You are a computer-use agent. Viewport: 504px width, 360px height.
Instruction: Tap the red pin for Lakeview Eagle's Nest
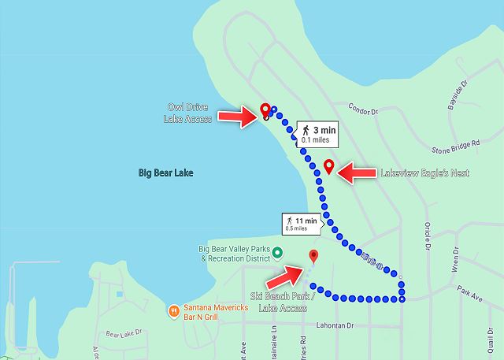click(x=329, y=166)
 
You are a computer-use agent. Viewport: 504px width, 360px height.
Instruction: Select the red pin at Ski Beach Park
click(x=313, y=255)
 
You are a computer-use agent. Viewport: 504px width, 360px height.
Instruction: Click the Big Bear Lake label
click(x=165, y=173)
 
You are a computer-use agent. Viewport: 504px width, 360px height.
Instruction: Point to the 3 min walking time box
click(x=317, y=133)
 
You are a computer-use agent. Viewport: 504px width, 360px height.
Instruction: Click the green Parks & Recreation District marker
click(x=277, y=251)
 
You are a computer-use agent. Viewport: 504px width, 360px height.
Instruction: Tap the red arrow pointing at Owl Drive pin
click(x=235, y=117)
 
